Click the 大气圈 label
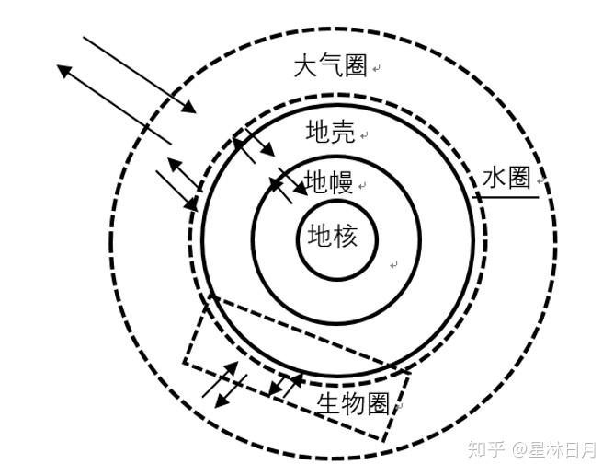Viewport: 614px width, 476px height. point(330,66)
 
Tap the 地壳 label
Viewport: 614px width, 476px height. point(330,133)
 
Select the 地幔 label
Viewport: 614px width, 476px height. point(328,180)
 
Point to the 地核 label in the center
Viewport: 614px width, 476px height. point(332,237)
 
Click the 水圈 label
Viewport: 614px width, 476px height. point(506,179)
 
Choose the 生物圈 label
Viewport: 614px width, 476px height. point(354,403)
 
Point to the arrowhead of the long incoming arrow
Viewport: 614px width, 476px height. point(191,110)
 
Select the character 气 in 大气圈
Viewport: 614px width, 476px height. point(330,66)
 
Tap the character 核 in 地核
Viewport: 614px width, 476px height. point(345,237)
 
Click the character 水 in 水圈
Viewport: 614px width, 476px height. point(494,179)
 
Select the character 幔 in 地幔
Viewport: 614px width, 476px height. point(341,180)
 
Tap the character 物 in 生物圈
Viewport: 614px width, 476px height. point(354,403)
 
